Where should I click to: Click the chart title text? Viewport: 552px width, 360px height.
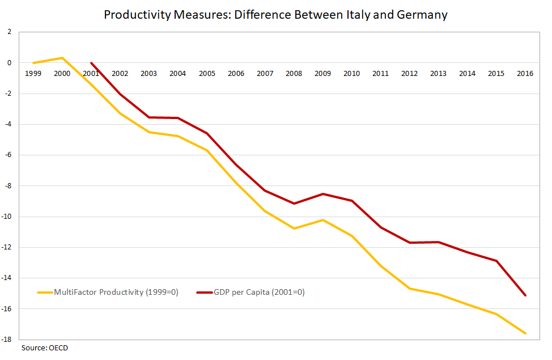click(275, 15)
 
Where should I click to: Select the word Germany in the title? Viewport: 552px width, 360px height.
click(419, 15)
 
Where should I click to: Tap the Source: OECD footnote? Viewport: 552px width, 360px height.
click(45, 348)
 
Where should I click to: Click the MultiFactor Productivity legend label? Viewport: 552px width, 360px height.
click(116, 293)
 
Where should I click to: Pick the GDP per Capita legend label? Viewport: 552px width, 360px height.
click(259, 293)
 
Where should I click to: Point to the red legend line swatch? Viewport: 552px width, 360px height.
click(204, 293)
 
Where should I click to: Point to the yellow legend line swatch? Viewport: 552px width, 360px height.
click(45, 293)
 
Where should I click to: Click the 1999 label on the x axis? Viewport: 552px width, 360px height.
click(33, 74)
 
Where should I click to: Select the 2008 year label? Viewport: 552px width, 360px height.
click(294, 74)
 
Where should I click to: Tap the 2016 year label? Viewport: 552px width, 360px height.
click(525, 74)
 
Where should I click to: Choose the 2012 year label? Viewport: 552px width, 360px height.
click(409, 74)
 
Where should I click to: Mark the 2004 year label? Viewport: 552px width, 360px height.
click(178, 74)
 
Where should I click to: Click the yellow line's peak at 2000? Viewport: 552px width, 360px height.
click(62, 58)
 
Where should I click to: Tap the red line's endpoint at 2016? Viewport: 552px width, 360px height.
click(525, 295)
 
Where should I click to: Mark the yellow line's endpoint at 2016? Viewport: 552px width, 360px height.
click(525, 333)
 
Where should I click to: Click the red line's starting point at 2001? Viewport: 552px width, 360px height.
click(91, 63)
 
